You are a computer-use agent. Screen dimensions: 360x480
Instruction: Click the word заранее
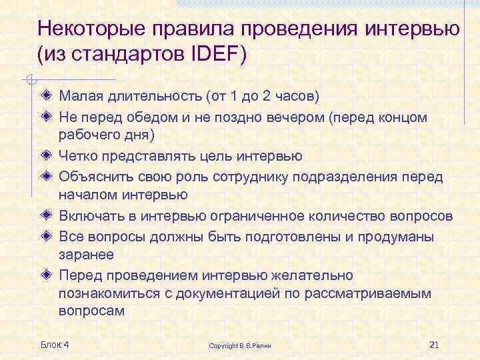[86, 255]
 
